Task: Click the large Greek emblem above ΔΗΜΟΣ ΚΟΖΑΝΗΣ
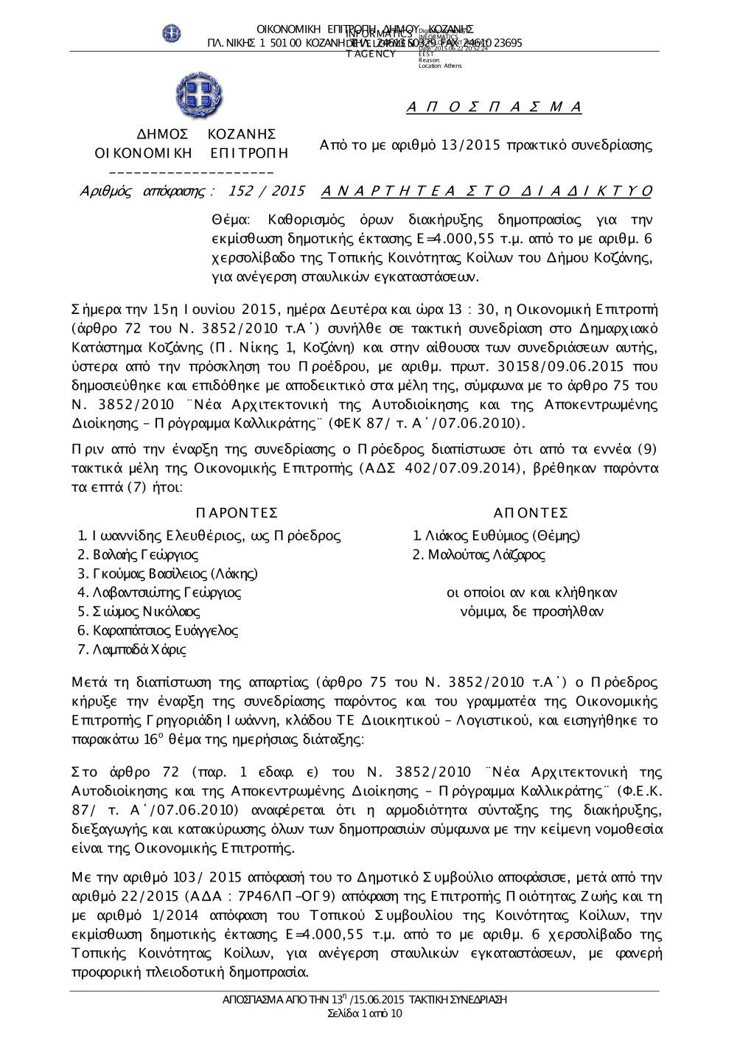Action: pyautogui.click(x=199, y=97)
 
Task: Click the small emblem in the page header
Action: pyautogui.click(x=172, y=33)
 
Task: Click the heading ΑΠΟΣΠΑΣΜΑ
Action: pyautogui.click(x=494, y=108)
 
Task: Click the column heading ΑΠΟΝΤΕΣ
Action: pyautogui.click(x=531, y=513)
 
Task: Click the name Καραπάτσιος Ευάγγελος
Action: pyautogui.click(x=165, y=631)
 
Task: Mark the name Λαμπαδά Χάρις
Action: pyautogui.click(x=139, y=650)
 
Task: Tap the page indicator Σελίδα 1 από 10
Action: pyautogui.click(x=365, y=1014)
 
